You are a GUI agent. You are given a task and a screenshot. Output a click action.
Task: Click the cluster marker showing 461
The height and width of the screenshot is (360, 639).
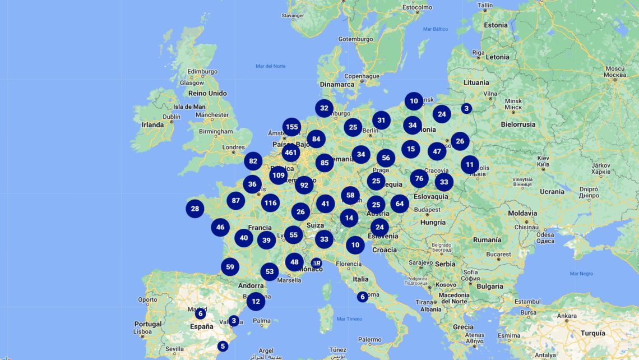pos(291,152)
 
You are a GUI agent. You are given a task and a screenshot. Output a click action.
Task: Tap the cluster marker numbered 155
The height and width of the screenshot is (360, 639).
pos(291,127)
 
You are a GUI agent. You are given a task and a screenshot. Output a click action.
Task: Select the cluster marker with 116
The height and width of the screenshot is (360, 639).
pos(271,203)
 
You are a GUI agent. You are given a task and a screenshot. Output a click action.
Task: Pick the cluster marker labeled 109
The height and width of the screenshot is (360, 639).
pos(279,175)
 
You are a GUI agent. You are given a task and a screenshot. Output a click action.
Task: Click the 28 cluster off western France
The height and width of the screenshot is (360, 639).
pos(195,209)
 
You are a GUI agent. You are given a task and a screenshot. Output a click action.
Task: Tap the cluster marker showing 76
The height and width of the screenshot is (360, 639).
pos(419,179)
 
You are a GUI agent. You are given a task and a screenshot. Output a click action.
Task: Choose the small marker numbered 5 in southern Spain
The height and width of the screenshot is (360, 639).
pos(223,346)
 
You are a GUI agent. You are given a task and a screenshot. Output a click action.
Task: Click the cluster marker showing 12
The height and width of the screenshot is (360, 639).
pos(256,301)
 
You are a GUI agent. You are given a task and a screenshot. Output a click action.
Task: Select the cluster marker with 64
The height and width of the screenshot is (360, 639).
pos(400,204)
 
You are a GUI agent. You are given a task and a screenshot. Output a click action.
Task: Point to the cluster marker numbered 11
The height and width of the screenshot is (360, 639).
pos(470,164)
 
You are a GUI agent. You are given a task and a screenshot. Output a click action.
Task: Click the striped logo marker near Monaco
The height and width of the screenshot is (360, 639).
pos(316,262)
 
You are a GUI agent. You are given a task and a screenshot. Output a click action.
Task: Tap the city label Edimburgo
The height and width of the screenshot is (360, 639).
pos(203,72)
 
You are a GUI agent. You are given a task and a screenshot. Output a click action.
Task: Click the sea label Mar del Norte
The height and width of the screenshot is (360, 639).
pos(271,66)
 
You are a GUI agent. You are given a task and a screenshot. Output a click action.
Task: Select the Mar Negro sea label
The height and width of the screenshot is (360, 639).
pos(581,274)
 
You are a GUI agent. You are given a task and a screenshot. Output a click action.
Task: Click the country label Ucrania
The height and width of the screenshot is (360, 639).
pos(552,192)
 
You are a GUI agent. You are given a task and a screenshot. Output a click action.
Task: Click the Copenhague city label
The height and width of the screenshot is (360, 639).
pos(362,76)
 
